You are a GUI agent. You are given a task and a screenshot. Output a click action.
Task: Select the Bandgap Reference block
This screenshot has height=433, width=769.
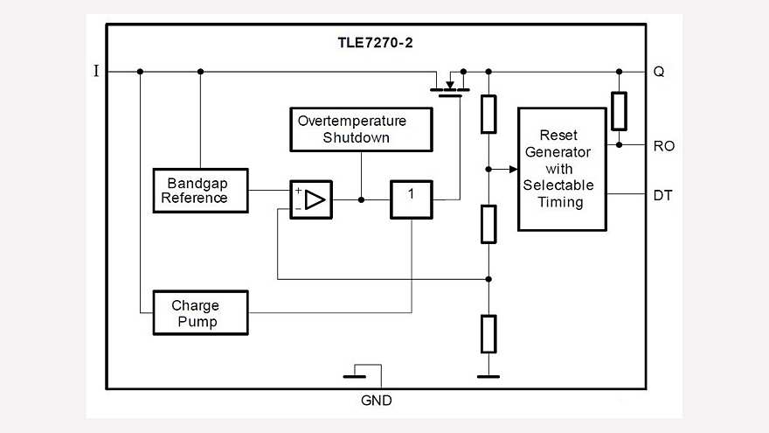(200, 190)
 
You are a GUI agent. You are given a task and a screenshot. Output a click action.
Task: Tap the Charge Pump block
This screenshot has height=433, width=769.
(200, 313)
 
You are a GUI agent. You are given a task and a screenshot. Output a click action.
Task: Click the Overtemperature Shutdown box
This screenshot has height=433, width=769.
(361, 129)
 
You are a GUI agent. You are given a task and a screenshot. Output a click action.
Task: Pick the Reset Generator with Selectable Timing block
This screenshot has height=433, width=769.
(562, 169)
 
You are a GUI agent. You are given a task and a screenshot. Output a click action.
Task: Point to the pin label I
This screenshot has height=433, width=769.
(96, 72)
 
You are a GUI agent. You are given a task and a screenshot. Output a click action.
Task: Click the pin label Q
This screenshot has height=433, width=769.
(659, 72)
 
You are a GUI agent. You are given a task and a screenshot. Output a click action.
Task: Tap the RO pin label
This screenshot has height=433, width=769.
(663, 146)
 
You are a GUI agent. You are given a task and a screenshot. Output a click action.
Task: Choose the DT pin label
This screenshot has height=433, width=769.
(662, 195)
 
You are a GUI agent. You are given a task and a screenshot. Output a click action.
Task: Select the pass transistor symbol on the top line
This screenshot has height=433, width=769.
(450, 85)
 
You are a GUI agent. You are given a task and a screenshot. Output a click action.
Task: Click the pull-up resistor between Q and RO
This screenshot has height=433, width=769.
(619, 109)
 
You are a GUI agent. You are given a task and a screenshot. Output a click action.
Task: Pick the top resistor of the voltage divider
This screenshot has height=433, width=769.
(488, 113)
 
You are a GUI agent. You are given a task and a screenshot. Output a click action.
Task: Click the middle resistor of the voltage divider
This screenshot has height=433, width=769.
(488, 223)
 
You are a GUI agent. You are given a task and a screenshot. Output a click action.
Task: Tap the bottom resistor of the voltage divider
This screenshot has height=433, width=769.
(488, 332)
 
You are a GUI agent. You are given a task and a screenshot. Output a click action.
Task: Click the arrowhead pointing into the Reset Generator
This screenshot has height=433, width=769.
(512, 169)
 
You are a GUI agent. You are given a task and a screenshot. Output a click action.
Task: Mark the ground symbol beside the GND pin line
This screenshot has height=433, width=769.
(355, 377)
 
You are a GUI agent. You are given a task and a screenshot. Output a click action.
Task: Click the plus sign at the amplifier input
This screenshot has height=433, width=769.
(298, 191)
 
